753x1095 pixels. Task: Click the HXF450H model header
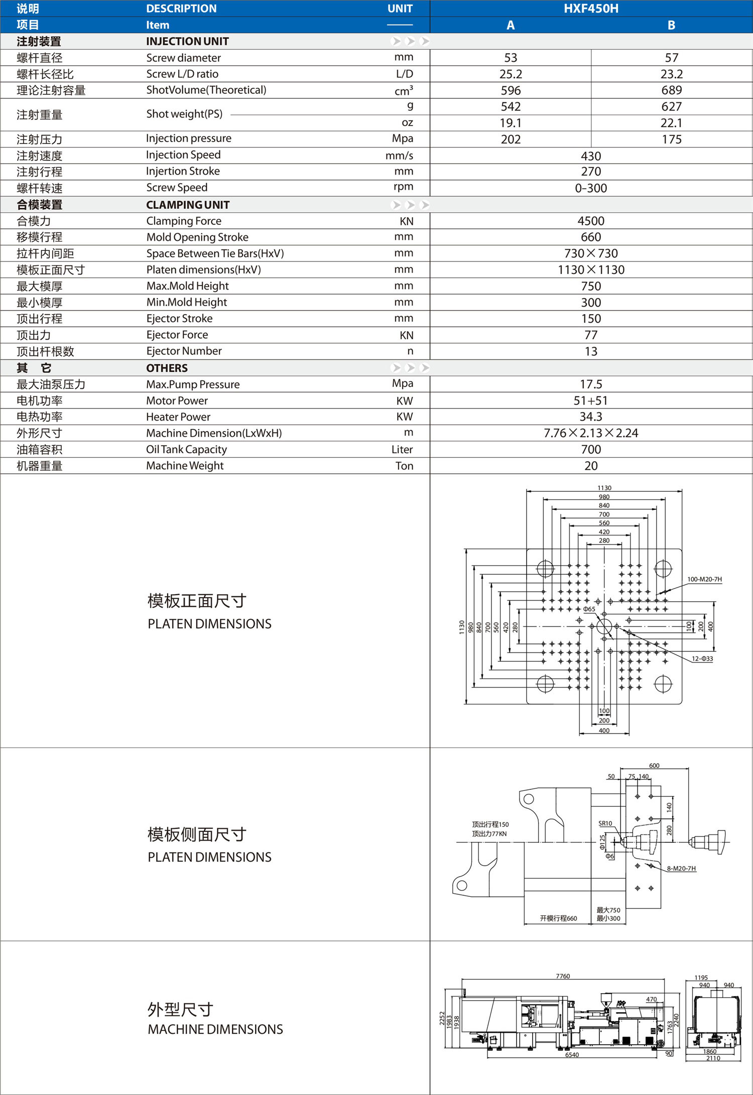pyautogui.click(x=591, y=9)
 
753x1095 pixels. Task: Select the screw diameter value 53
pyautogui.click(x=511, y=58)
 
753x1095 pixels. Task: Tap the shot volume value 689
pyautogui.click(x=671, y=90)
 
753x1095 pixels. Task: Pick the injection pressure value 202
pyautogui.click(x=511, y=140)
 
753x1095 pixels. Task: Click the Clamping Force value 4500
pyautogui.click(x=591, y=221)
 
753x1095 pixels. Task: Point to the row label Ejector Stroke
pyautogui.click(x=179, y=319)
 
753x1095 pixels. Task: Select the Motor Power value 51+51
pyautogui.click(x=591, y=400)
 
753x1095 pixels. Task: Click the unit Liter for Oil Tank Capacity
pyautogui.click(x=402, y=450)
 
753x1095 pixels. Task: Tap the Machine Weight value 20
pyautogui.click(x=591, y=466)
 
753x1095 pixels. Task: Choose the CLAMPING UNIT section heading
pyautogui.click(x=188, y=205)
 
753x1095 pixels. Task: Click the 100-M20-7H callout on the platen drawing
pyautogui.click(x=704, y=579)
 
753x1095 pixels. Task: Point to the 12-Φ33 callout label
pyautogui.click(x=702, y=659)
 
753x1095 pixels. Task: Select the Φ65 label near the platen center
pyautogui.click(x=589, y=609)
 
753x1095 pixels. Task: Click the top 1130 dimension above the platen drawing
pyautogui.click(x=604, y=488)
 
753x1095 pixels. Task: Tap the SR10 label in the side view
pyautogui.click(x=605, y=824)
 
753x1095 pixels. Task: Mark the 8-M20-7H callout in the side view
pyautogui.click(x=681, y=869)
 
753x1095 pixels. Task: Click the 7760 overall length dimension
pyautogui.click(x=563, y=976)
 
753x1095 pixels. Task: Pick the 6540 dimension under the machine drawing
pyautogui.click(x=572, y=1055)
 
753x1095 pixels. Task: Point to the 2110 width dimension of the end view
pyautogui.click(x=713, y=1058)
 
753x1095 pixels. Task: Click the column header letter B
pyautogui.click(x=671, y=25)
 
